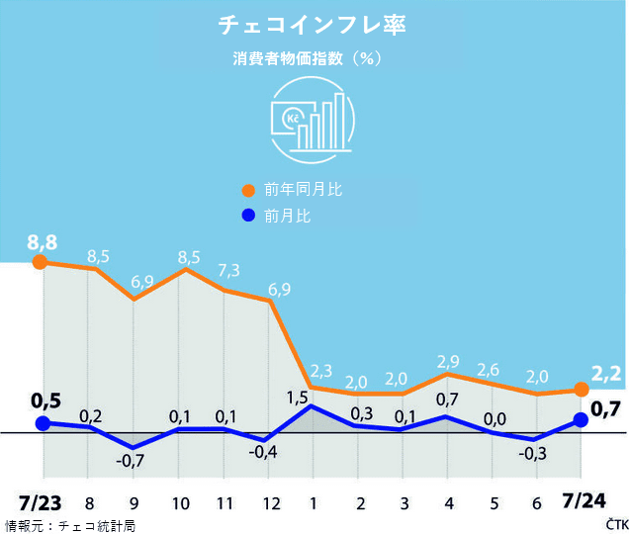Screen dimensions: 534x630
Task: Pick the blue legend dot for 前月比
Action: point(248,215)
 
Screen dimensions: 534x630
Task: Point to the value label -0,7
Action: point(131,462)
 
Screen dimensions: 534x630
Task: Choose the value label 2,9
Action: point(449,361)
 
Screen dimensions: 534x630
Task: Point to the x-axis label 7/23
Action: point(41,502)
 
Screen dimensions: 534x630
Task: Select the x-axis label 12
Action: point(270,503)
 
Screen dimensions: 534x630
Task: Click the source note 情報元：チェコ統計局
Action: point(70,525)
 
